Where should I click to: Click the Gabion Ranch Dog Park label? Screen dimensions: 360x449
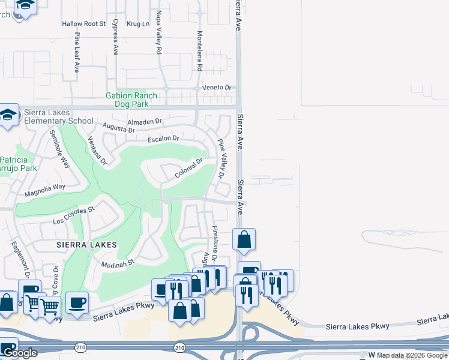pos(131,100)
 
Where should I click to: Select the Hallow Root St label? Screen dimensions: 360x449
pos(83,24)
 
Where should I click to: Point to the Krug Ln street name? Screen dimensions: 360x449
pos(138,24)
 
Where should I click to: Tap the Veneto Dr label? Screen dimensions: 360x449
pos(217,88)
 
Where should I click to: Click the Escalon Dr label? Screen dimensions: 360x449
pos(164,139)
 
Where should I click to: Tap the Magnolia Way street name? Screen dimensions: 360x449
pos(44,190)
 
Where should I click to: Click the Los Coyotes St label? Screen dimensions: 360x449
pos(74,214)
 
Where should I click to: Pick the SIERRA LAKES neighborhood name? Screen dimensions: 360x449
pos(86,245)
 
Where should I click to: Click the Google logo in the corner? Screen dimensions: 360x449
pos(19,353)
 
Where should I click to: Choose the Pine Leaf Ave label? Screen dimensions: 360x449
pos(77,52)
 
